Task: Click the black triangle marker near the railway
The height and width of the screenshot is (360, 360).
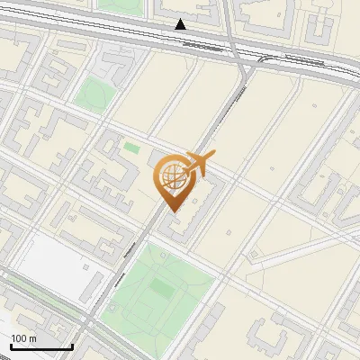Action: pyautogui.click(x=181, y=24)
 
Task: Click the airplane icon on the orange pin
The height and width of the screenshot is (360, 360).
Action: pyautogui.click(x=200, y=164)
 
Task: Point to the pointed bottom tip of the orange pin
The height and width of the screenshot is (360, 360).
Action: pyautogui.click(x=171, y=211)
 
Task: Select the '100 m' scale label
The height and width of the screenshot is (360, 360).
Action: pyautogui.click(x=23, y=338)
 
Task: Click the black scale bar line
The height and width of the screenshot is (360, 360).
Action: pyautogui.click(x=40, y=347)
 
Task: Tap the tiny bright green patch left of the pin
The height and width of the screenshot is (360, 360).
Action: pyautogui.click(x=132, y=148)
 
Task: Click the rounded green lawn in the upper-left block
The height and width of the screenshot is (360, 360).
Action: pyautogui.click(x=93, y=93)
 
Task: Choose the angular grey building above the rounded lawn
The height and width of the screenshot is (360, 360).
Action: pyautogui.click(x=112, y=63)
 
